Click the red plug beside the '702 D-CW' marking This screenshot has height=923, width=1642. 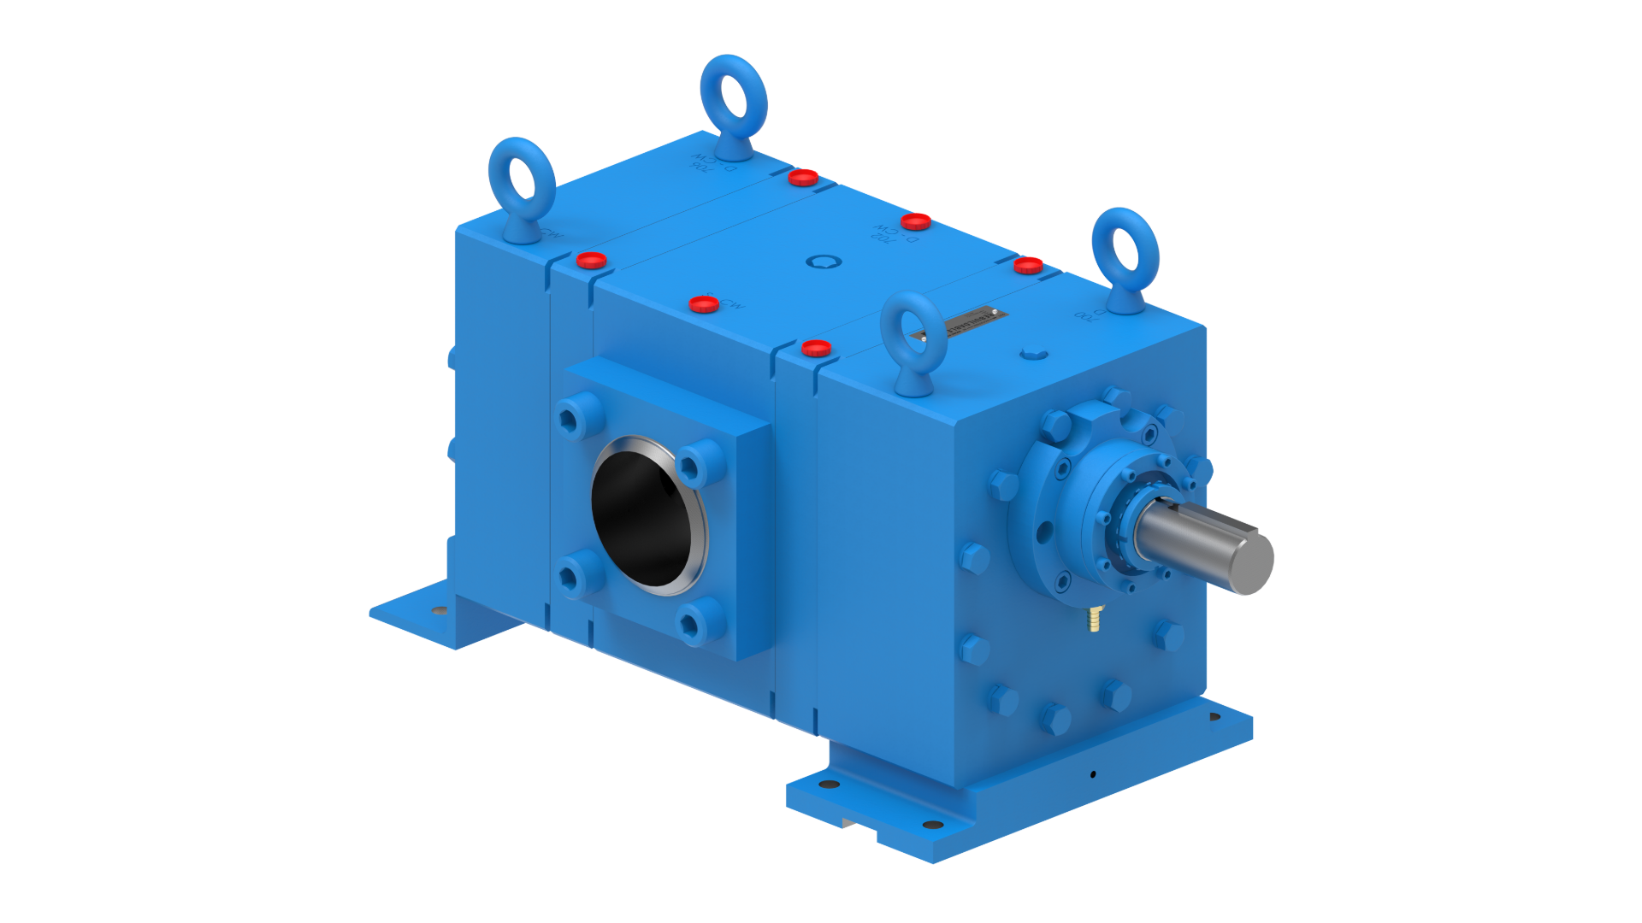[x=916, y=222]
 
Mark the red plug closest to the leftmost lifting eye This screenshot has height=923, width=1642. [x=591, y=260]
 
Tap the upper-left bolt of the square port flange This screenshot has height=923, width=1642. [x=570, y=418]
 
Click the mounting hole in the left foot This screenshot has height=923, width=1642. [x=439, y=610]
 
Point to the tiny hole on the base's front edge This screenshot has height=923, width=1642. [x=1092, y=775]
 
